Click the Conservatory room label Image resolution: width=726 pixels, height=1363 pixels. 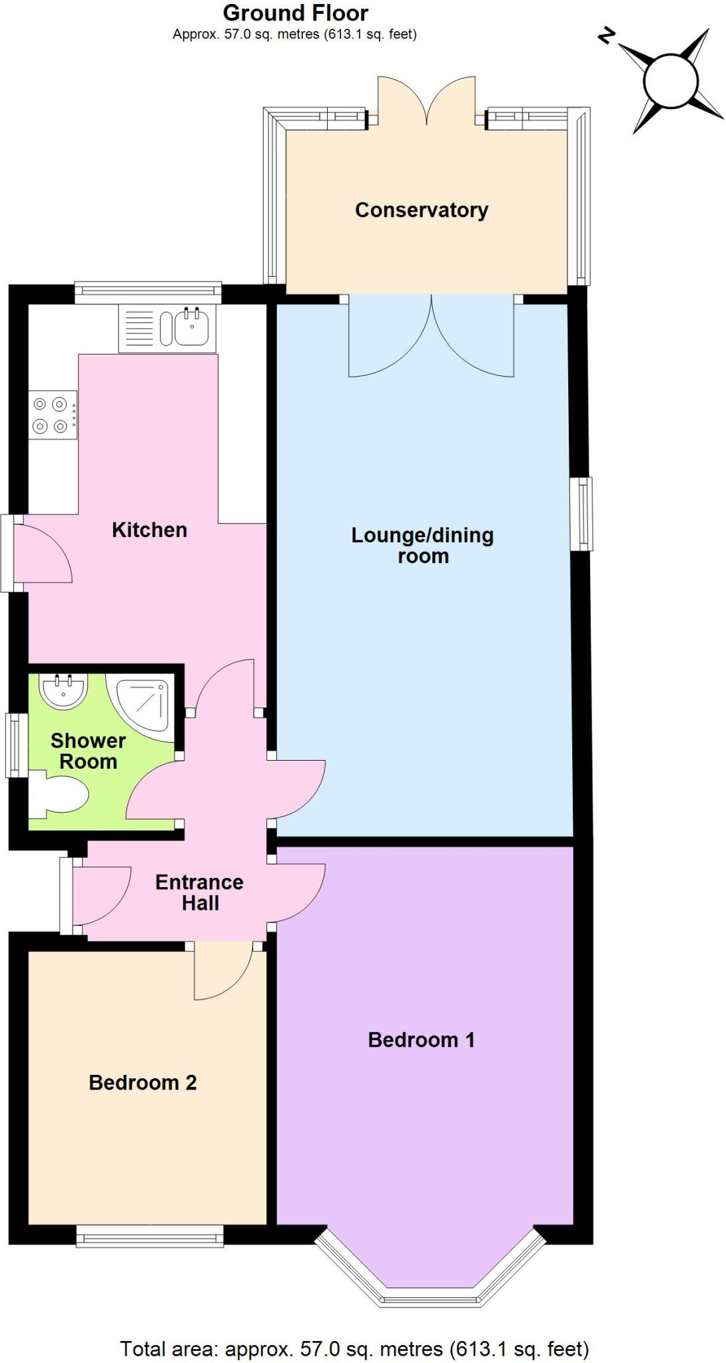pyautogui.click(x=421, y=210)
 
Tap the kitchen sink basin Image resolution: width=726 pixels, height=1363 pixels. pyautogui.click(x=192, y=327)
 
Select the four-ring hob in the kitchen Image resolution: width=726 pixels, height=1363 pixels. pyautogui.click(x=53, y=415)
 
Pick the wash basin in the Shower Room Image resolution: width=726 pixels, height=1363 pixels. pyautogui.click(x=63, y=690)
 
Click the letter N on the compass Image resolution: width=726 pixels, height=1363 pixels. pyautogui.click(x=605, y=35)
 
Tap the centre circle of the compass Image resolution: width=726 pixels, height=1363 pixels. pyautogui.click(x=670, y=81)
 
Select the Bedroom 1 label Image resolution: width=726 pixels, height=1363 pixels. pyautogui.click(x=421, y=1040)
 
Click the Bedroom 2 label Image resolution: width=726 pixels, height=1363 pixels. pyautogui.click(x=143, y=1082)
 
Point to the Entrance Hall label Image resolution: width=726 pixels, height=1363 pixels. pyautogui.click(x=199, y=892)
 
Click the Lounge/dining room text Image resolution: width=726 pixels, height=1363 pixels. pyautogui.click(x=422, y=545)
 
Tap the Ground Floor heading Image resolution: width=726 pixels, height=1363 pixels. pyautogui.click(x=295, y=13)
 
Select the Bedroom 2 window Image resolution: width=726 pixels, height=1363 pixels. pyautogui.click(x=149, y=1236)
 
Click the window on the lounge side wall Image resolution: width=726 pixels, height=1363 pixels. pyautogui.click(x=581, y=514)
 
